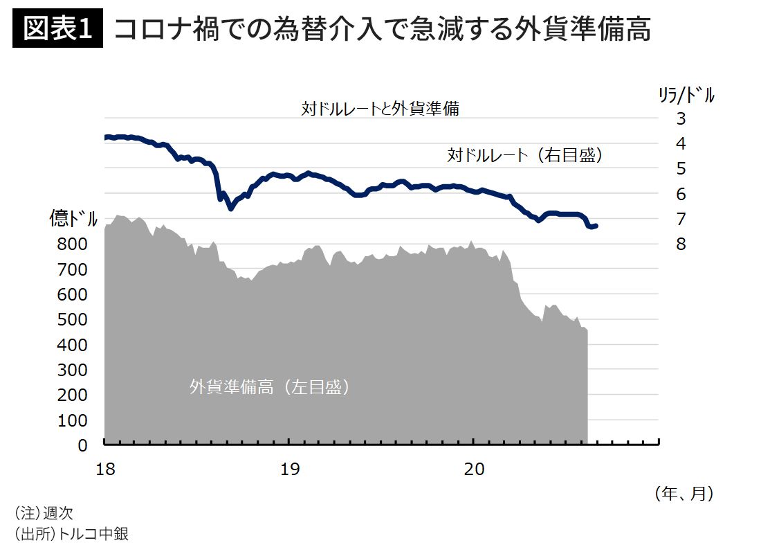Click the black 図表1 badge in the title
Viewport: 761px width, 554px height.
(x=57, y=29)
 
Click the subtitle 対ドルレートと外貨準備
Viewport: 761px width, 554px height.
(x=380, y=109)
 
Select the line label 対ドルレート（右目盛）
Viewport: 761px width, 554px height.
(x=526, y=156)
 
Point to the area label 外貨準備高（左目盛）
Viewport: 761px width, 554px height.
(x=270, y=386)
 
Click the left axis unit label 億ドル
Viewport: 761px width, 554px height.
(x=73, y=219)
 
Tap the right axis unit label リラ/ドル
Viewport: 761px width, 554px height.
(x=686, y=96)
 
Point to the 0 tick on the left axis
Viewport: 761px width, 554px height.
(x=82, y=445)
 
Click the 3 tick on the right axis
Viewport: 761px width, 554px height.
(x=681, y=118)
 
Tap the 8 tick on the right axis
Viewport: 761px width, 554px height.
(x=681, y=244)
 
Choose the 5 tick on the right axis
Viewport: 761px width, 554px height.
(x=681, y=169)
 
